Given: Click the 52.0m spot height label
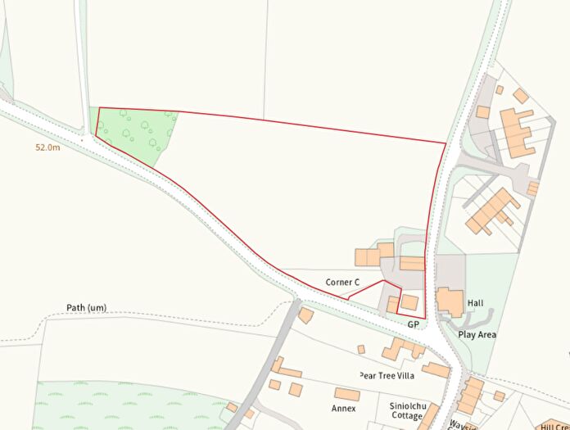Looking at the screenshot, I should point(47,148).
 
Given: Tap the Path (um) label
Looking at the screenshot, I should point(86,308).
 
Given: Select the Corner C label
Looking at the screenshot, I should point(342,283).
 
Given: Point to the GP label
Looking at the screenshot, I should point(414,325).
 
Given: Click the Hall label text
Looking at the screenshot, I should point(475,303).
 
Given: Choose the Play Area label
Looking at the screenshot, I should point(477,335).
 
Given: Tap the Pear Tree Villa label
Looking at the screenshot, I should point(387,375).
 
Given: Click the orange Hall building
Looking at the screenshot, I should point(449,301).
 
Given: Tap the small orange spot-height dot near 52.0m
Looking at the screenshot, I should point(82,140).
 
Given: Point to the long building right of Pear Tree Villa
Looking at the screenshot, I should point(436,370).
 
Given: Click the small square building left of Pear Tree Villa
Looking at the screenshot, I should point(360,349).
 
